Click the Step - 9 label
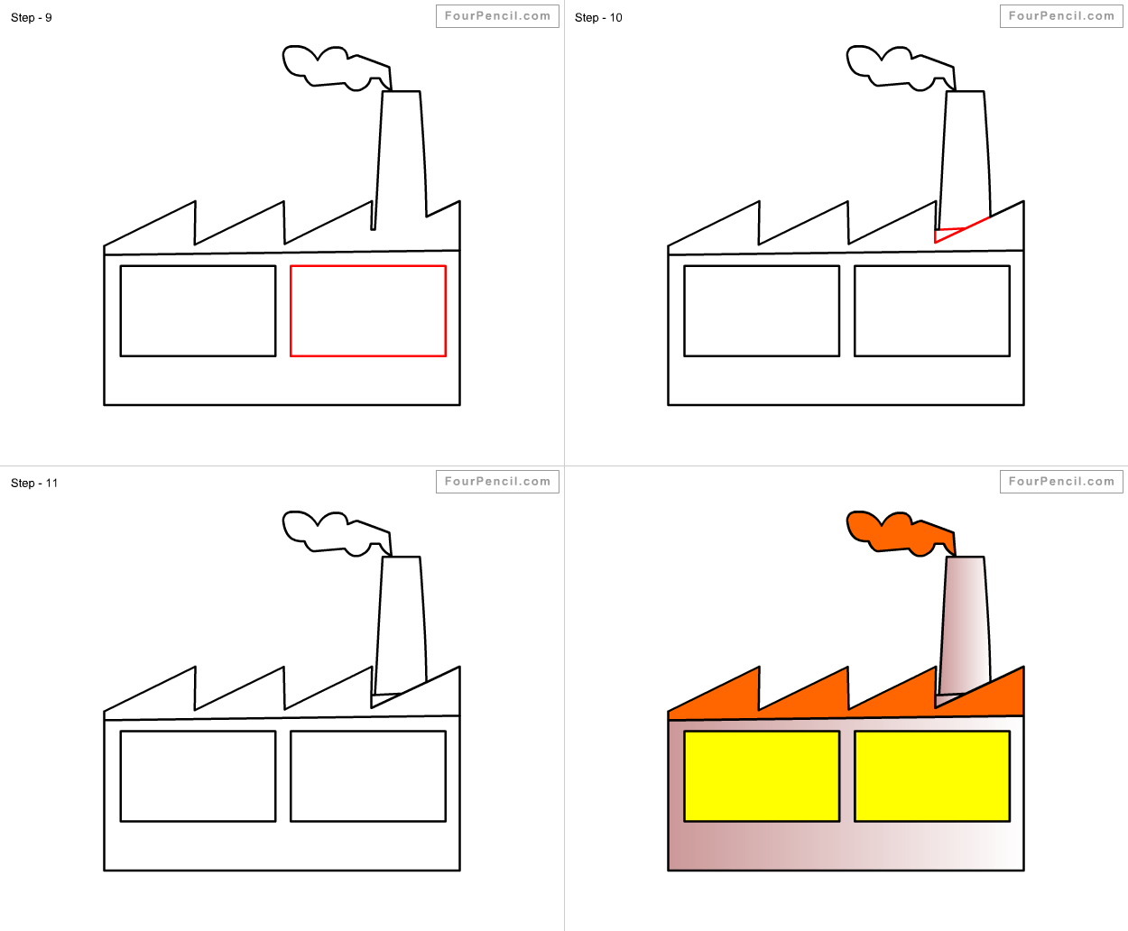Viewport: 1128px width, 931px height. click(32, 18)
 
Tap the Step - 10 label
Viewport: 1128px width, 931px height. click(598, 18)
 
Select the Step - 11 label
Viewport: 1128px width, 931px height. click(34, 483)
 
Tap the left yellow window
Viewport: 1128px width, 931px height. click(762, 777)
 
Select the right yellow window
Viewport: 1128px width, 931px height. click(932, 777)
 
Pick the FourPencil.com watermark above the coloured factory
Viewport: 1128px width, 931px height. click(1061, 482)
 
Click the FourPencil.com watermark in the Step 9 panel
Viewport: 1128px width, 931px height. click(497, 16)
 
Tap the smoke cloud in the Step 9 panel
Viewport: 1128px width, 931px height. click(336, 68)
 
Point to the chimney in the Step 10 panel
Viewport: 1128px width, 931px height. click(966, 160)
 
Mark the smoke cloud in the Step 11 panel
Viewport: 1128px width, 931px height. click(336, 533)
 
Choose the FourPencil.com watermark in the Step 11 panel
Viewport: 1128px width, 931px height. click(497, 482)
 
